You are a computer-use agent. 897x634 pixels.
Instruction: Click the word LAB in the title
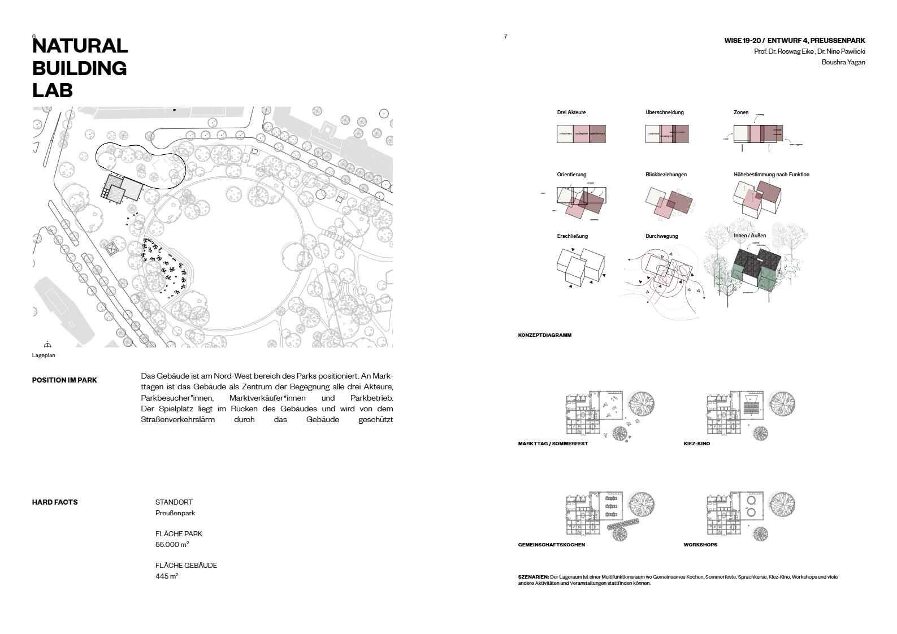[x=53, y=90]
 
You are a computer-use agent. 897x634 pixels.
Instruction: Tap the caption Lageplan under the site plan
[x=44, y=355]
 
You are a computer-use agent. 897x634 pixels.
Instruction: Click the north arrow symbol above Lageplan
[x=47, y=345]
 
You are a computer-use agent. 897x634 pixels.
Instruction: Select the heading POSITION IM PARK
[x=64, y=380]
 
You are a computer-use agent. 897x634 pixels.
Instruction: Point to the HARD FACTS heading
[x=55, y=502]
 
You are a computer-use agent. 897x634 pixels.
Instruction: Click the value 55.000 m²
[x=172, y=545]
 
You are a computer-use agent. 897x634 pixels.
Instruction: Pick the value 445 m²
[x=167, y=576]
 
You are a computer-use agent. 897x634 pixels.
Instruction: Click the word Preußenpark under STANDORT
[x=175, y=513]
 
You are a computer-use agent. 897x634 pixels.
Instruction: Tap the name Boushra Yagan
[x=843, y=62]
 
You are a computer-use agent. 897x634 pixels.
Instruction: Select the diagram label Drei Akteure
[x=571, y=112]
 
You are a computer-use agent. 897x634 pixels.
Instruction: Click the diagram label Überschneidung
[x=664, y=112]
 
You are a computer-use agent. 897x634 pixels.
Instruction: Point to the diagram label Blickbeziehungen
[x=666, y=175]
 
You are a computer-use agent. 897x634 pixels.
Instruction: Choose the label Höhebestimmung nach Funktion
[x=771, y=175]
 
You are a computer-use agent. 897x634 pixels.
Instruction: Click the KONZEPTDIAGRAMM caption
[x=544, y=335]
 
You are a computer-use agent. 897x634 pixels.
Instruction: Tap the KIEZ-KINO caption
[x=696, y=444]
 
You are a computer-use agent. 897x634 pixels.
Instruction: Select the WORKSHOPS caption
[x=700, y=545]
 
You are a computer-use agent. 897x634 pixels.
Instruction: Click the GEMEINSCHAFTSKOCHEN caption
[x=551, y=545]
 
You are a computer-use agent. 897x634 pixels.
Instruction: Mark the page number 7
[x=505, y=37]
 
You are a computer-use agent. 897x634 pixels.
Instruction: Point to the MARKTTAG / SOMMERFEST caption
[x=553, y=444]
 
